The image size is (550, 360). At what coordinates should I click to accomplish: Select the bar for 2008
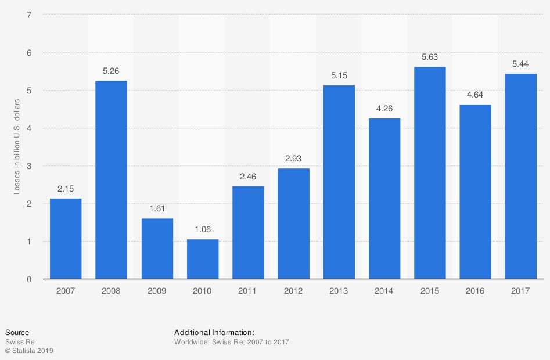coord(111,180)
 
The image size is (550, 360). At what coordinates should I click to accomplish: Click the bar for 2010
coord(202,259)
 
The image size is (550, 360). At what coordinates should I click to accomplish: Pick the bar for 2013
coord(339,182)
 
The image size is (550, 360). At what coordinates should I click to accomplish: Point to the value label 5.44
coord(520,64)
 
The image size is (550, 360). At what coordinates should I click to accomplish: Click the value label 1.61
coord(157,208)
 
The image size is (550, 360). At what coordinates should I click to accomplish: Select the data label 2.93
coord(293,159)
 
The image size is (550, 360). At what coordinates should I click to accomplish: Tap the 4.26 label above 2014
coord(384,109)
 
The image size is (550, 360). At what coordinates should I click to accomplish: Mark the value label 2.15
coord(66,189)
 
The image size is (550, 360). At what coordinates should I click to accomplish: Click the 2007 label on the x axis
coord(66,291)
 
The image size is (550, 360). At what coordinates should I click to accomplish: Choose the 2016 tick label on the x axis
coord(475,291)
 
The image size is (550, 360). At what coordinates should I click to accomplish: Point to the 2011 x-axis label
coord(247,291)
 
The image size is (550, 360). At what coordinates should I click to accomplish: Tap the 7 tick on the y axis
coord(28,14)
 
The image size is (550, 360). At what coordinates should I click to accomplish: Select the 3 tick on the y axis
coord(28,166)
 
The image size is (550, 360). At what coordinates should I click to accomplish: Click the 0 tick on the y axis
coord(28,279)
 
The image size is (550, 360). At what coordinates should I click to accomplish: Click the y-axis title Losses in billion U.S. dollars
coord(17,146)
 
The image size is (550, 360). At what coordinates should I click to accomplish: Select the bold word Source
coord(17,333)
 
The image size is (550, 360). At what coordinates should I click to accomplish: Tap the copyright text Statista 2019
coord(29,351)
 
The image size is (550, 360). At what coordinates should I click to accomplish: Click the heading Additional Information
coord(214,333)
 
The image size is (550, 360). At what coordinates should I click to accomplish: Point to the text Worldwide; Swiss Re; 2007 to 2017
coord(231,342)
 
